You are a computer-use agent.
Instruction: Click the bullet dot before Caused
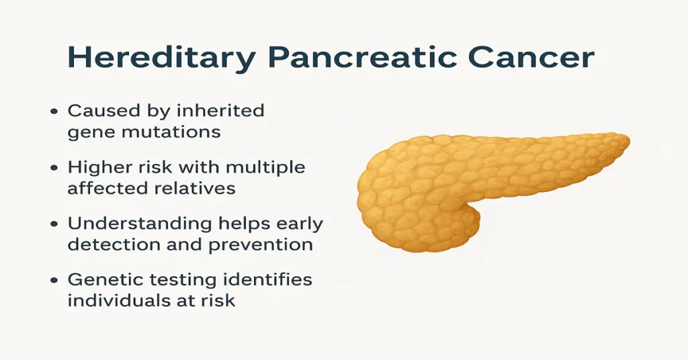tap(53, 111)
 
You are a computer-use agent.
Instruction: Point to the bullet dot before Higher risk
tap(53, 168)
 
